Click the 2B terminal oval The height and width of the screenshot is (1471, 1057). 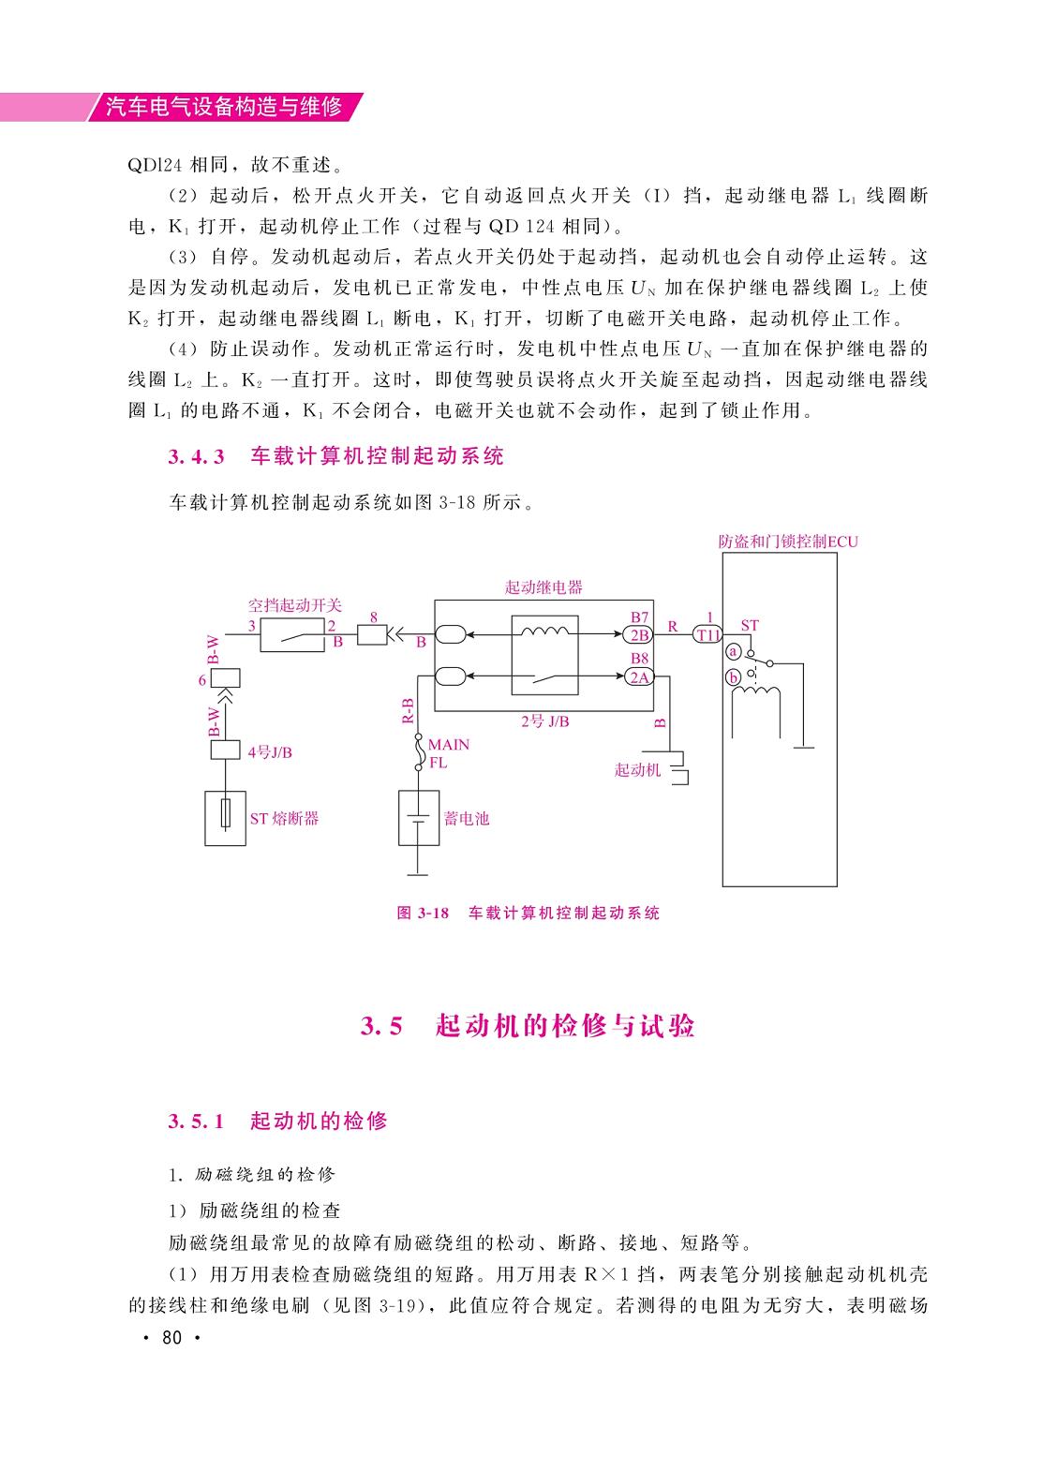point(638,635)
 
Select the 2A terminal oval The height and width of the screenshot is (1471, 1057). point(638,677)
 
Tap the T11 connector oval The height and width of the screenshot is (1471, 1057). point(707,635)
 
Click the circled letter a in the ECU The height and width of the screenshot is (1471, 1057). point(733,652)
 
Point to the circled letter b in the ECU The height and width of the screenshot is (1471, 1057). point(733,677)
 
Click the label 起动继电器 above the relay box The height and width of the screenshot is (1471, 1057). point(543,587)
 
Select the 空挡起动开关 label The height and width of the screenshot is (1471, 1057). point(294,605)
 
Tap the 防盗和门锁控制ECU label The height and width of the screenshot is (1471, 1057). point(788,542)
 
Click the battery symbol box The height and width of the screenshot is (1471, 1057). point(419,818)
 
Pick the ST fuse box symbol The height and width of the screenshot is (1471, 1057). point(225,818)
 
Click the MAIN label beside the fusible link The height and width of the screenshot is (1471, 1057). point(449,745)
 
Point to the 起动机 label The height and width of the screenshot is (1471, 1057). point(637,769)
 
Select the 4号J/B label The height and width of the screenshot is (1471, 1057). point(270,752)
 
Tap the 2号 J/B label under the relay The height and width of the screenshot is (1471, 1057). point(545,721)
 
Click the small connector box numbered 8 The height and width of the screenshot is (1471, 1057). point(372,635)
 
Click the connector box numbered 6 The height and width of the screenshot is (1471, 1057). point(225,678)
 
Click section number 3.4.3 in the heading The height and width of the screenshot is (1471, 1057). point(196,456)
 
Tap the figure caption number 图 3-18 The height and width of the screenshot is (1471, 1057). point(423,913)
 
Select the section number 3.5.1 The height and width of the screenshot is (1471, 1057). point(196,1121)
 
